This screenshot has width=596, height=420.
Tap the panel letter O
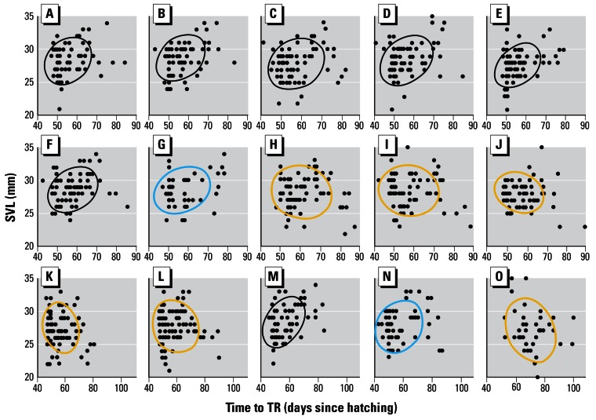[x=498, y=277]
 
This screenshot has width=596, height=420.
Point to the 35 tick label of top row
[x=27, y=16]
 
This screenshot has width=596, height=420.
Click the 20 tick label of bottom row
[x=27, y=378]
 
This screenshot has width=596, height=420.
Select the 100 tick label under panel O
[x=572, y=389]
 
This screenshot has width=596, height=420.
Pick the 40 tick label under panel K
[x=37, y=389]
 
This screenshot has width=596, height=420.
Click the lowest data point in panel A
[x=59, y=109]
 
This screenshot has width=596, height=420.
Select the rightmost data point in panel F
[x=127, y=207]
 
